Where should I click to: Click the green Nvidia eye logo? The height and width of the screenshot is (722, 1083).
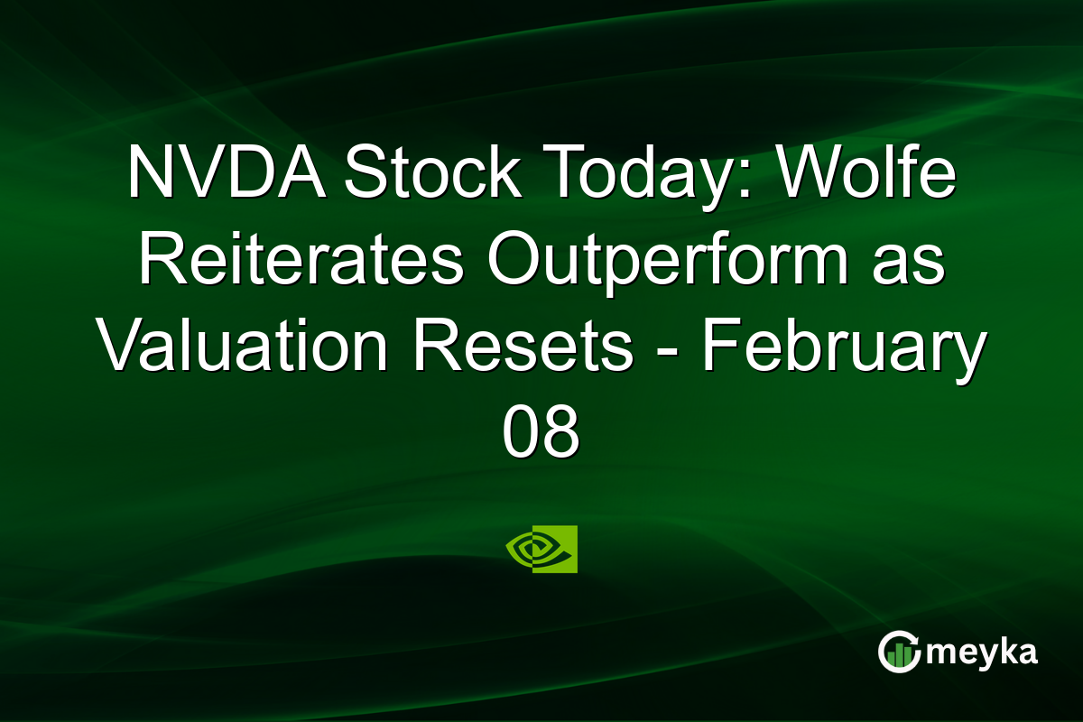pos(541,549)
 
